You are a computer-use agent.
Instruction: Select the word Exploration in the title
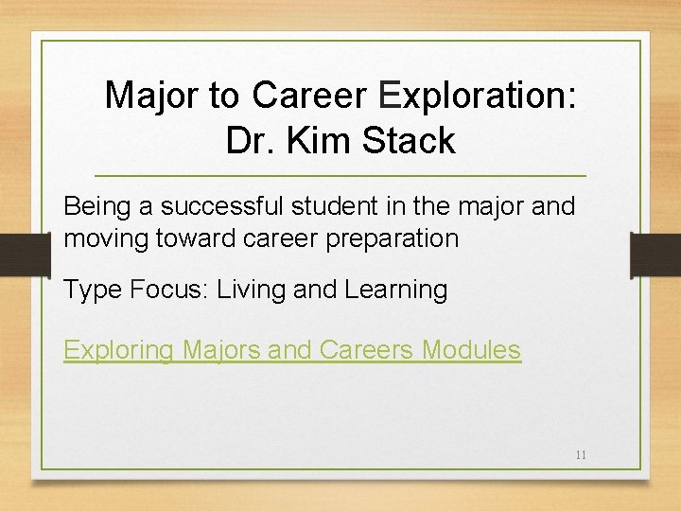coord(477,95)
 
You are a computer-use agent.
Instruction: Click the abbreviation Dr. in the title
coord(249,141)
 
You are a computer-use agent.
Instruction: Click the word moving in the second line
coord(106,238)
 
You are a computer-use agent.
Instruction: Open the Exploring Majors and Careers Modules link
coord(291,350)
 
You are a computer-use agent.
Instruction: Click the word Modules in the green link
coord(470,350)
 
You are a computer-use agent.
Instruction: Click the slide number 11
coord(581,455)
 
